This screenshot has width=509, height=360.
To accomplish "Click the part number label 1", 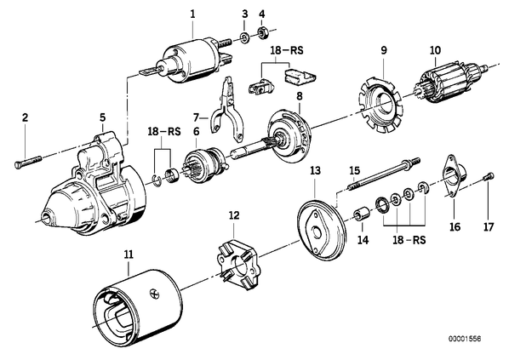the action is click(x=193, y=14).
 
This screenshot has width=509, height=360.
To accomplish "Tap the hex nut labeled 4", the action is click(x=262, y=32).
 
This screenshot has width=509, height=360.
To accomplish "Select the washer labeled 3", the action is click(x=245, y=37).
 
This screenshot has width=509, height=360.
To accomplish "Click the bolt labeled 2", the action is click(x=28, y=162).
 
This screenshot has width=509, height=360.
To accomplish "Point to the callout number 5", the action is click(x=103, y=117).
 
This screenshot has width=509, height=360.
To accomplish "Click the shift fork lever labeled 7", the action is click(x=226, y=110).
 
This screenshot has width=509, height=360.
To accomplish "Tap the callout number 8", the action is click(x=300, y=96).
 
